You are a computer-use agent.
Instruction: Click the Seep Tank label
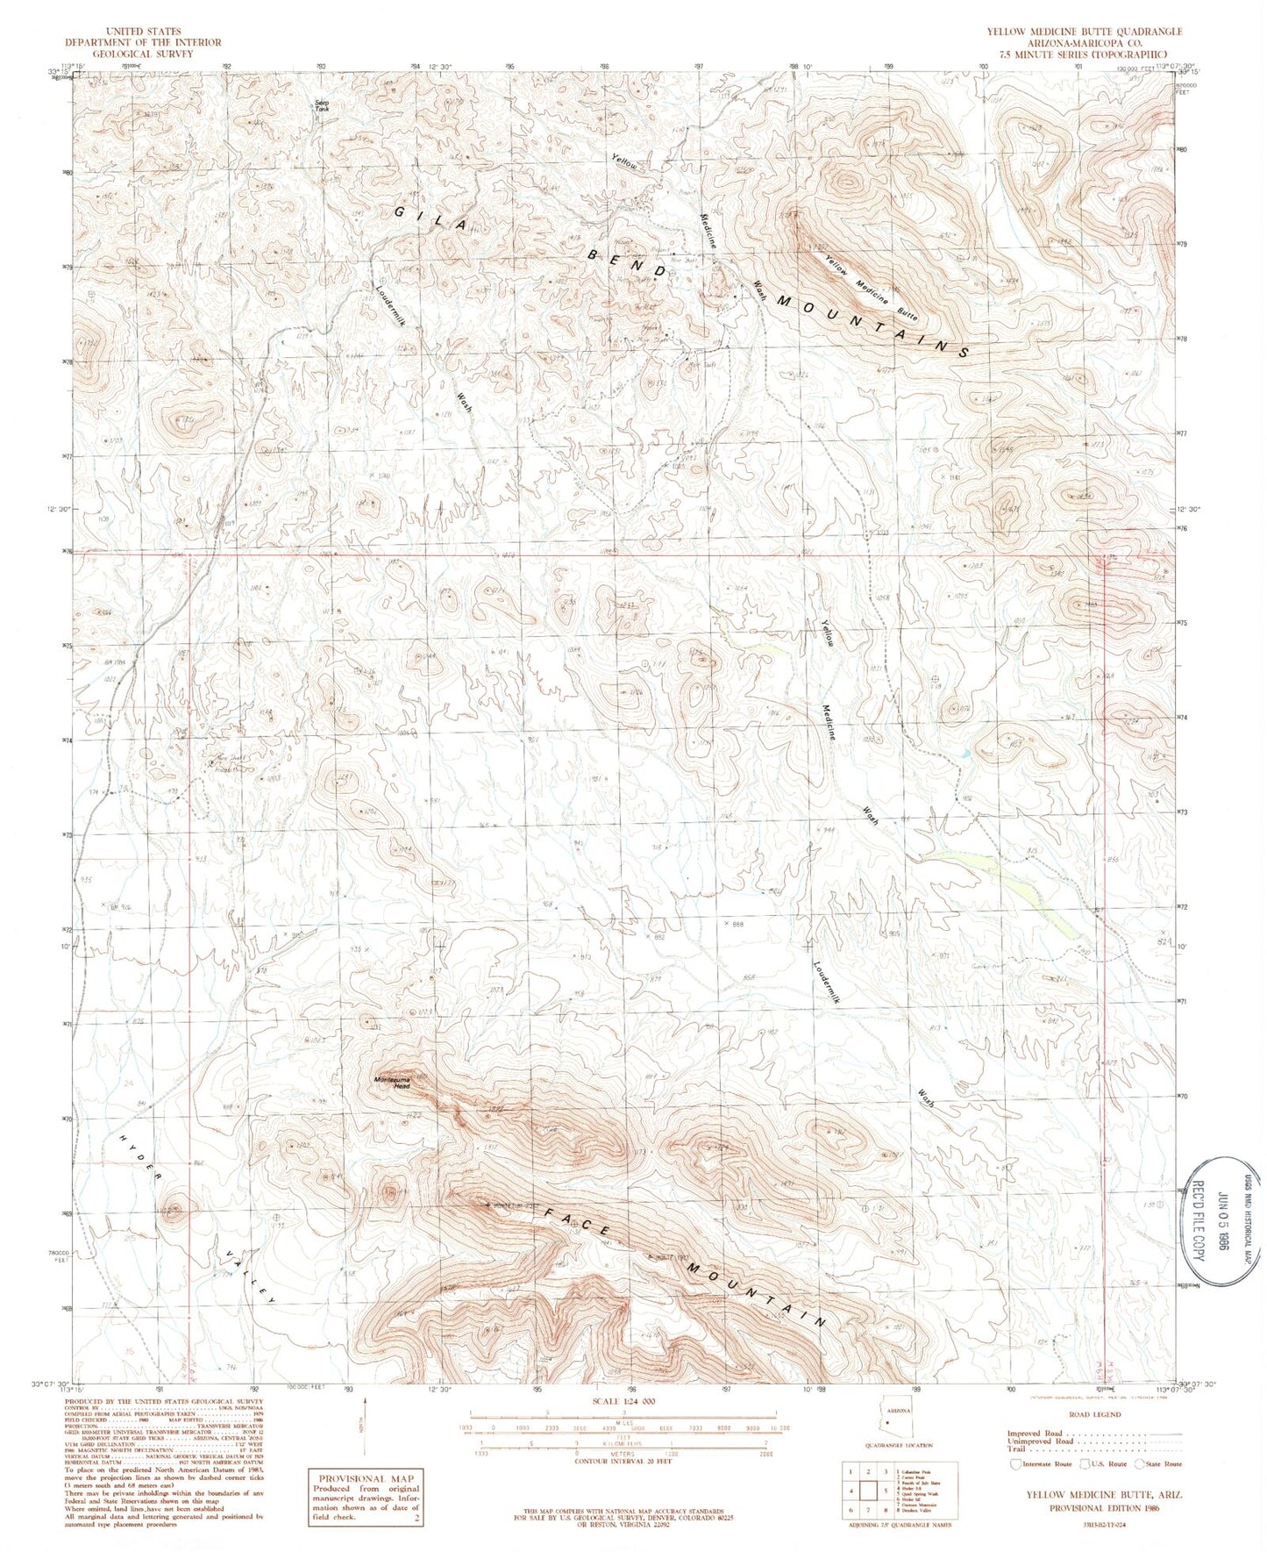click(323, 106)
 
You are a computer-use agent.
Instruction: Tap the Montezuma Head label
click(392, 1083)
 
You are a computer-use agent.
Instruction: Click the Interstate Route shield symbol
click(1016, 1463)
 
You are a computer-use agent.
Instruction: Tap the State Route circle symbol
click(1140, 1463)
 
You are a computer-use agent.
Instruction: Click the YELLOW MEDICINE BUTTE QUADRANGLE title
click(1084, 32)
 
